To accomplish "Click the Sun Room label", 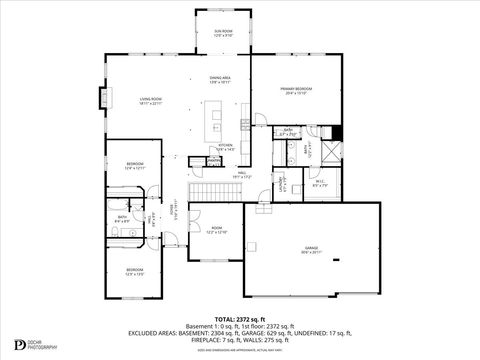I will click(x=222, y=33).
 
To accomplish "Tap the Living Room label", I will click(x=151, y=101).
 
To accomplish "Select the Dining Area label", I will click(x=220, y=80).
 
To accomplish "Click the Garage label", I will click(x=312, y=250).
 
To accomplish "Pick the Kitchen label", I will click(x=226, y=148).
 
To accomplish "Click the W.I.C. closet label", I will click(x=320, y=184).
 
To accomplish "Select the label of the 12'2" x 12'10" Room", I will click(x=215, y=229).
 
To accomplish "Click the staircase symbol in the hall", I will click(x=210, y=192).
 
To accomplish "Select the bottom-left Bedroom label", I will click(x=134, y=272).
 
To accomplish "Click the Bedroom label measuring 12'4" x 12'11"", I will click(x=134, y=166).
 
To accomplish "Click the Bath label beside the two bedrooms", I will click(x=122, y=219).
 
